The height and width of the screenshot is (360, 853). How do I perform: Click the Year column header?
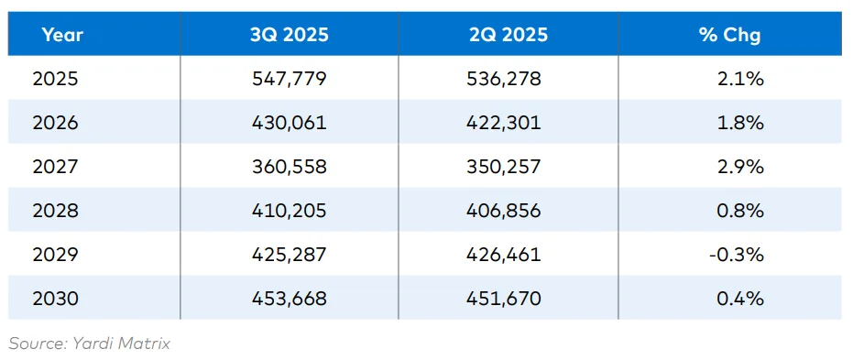(61, 35)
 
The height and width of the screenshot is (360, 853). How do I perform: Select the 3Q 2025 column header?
(289, 35)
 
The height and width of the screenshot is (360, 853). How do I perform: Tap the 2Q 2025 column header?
(507, 35)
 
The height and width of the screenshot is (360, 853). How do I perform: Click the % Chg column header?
(729, 35)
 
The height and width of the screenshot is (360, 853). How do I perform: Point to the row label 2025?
(55, 79)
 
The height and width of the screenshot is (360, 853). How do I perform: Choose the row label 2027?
(55, 167)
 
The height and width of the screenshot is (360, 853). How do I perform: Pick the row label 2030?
(55, 299)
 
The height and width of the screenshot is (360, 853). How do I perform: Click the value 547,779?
(289, 79)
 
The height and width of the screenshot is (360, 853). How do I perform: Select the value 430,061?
(289, 123)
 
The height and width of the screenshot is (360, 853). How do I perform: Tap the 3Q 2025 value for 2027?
(289, 167)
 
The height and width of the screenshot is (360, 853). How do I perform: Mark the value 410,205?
(289, 211)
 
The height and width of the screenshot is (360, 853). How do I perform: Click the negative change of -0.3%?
(736, 255)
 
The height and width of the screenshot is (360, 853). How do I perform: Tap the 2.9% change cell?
(740, 167)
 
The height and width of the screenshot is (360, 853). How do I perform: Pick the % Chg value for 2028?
(740, 211)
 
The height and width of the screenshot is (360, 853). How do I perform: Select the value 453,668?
(289, 299)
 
